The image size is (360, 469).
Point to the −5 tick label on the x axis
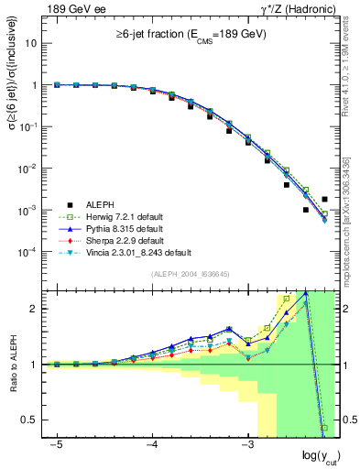point(57,443)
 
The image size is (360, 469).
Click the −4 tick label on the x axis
point(152,443)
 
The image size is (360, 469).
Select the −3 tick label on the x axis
point(247,443)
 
